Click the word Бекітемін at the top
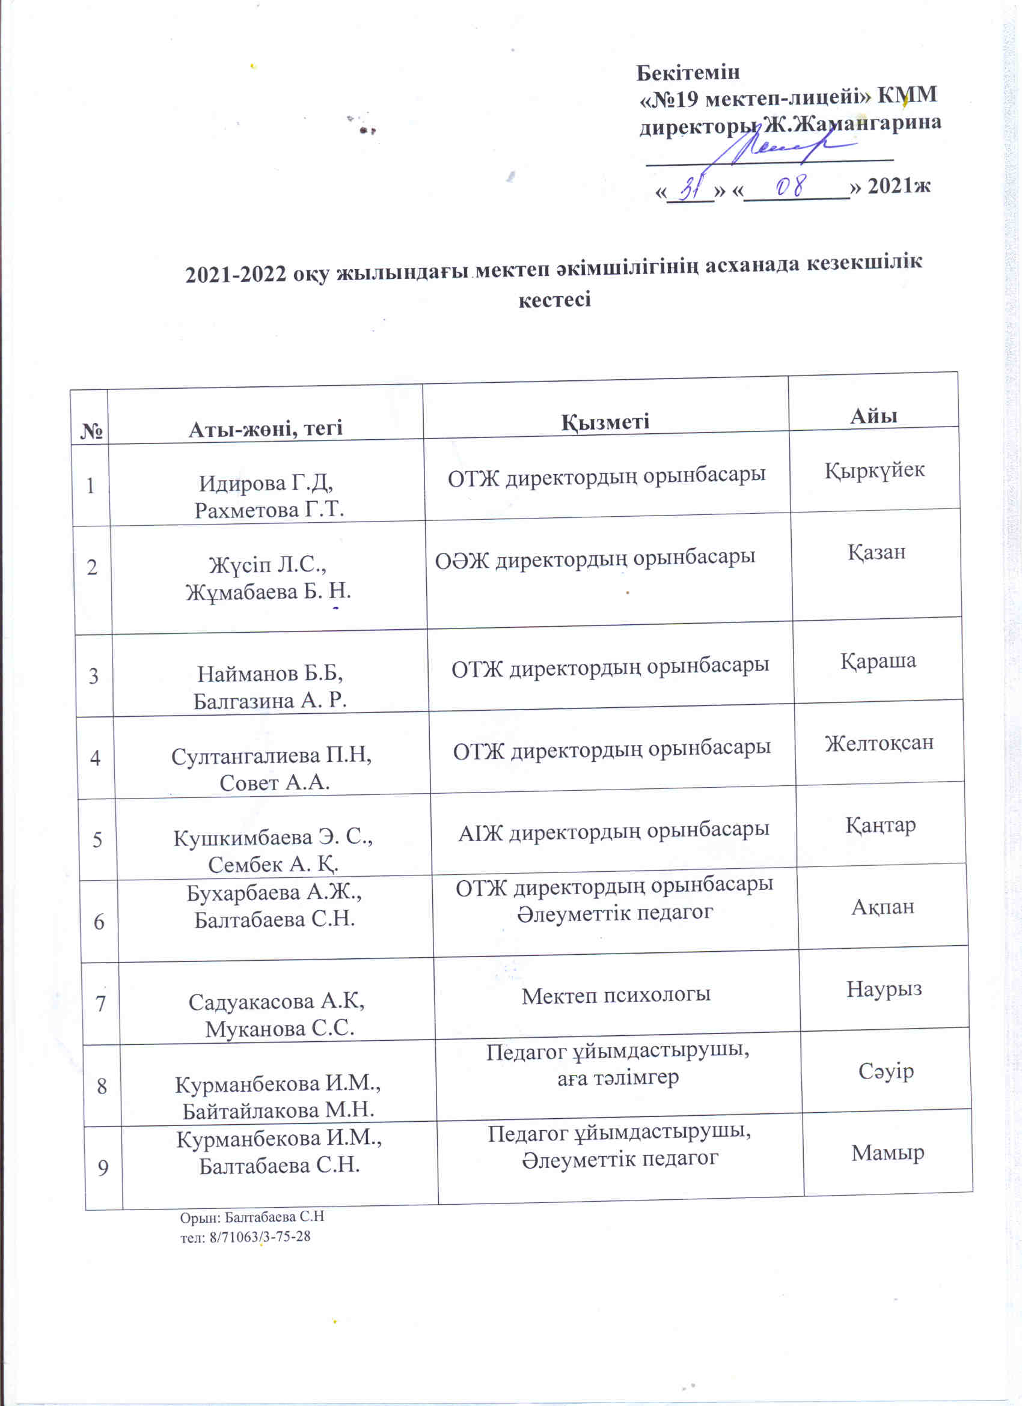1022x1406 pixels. click(688, 73)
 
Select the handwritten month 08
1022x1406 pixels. click(791, 186)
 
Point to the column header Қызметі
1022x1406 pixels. click(605, 422)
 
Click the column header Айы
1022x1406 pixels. click(873, 415)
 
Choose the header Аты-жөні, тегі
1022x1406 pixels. click(266, 428)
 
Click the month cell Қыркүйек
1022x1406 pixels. click(874, 470)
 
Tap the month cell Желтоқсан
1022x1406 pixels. click(879, 742)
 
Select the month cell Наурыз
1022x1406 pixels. click(884, 988)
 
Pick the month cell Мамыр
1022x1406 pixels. click(887, 1152)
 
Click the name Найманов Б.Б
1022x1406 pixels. click(270, 673)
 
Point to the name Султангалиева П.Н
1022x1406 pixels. click(271, 756)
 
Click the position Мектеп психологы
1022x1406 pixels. click(616, 995)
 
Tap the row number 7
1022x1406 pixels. click(100, 1003)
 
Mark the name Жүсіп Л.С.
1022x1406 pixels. click(268, 565)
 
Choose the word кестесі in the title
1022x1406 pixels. click(554, 300)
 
